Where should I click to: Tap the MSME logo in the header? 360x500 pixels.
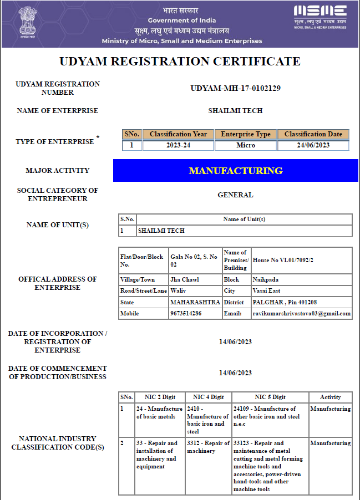pyautogui.click(x=320, y=17)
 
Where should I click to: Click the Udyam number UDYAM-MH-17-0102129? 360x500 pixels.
pyautogui.click(x=235, y=88)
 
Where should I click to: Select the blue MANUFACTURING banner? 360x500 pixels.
pyautogui.click(x=236, y=170)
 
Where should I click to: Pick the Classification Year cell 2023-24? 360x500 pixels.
pyautogui.click(x=178, y=145)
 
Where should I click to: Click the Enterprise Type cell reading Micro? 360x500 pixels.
pyautogui.click(x=246, y=145)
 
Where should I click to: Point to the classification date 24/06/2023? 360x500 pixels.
pyautogui.click(x=313, y=145)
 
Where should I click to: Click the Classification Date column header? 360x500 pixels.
pyautogui.click(x=313, y=134)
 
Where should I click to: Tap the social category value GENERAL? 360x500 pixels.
pyautogui.click(x=235, y=195)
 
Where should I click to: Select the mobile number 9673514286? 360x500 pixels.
pyautogui.click(x=186, y=313)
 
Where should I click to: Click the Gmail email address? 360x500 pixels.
pyautogui.click(x=302, y=313)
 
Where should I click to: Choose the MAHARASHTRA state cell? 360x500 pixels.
pyautogui.click(x=195, y=302)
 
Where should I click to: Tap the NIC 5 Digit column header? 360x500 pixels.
pyautogui.click(x=270, y=397)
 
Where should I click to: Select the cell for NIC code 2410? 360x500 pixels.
pyautogui.click(x=208, y=420)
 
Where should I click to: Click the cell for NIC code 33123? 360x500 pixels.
pyautogui.click(x=269, y=466)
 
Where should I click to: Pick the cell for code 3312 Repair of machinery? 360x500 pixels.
pyautogui.click(x=208, y=447)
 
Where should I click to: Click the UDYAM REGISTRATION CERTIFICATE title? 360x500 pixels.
pyautogui.click(x=180, y=61)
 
